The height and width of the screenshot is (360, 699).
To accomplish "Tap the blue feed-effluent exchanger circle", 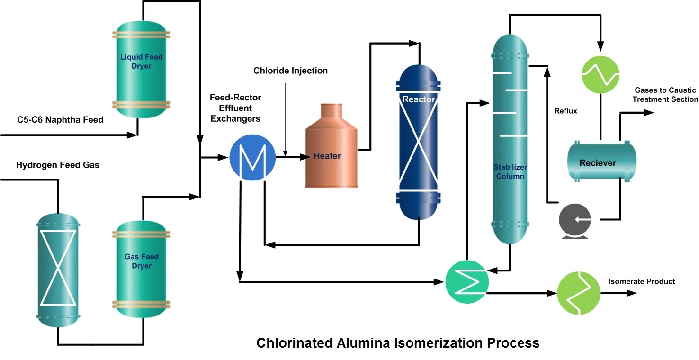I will pyautogui.click(x=252, y=157).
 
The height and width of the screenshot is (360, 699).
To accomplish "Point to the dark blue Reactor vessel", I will pyautogui.click(x=418, y=142).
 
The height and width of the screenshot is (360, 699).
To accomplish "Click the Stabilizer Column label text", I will pyautogui.click(x=510, y=171).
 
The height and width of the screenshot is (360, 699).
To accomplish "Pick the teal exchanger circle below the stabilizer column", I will pyautogui.click(x=467, y=282).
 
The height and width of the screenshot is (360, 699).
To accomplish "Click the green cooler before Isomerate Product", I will pyautogui.click(x=579, y=293).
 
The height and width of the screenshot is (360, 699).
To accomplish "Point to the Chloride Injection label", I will pyautogui.click(x=290, y=71).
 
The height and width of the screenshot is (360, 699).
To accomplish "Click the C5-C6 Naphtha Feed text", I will pyautogui.click(x=60, y=120).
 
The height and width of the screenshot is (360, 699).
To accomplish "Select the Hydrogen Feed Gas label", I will pyautogui.click(x=58, y=165).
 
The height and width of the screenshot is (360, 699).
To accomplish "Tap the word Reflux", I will pyautogui.click(x=565, y=111).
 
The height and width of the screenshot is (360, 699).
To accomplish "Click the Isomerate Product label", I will pyautogui.click(x=642, y=281).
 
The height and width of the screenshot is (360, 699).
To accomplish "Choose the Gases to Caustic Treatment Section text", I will pyautogui.click(x=665, y=95).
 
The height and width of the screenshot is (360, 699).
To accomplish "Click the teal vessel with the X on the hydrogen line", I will pyautogui.click(x=57, y=268).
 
